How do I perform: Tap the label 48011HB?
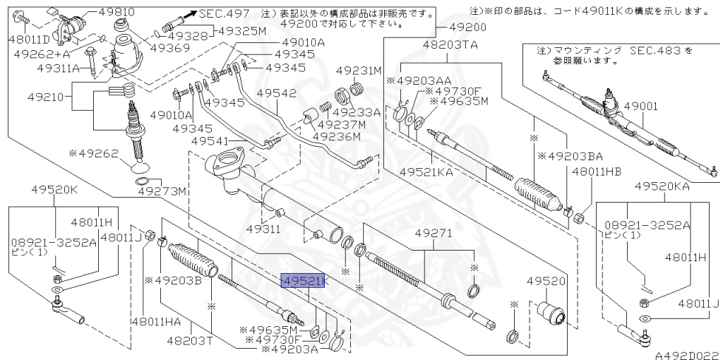597,171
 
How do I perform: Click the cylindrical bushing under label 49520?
548,313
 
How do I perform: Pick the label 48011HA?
156,321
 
